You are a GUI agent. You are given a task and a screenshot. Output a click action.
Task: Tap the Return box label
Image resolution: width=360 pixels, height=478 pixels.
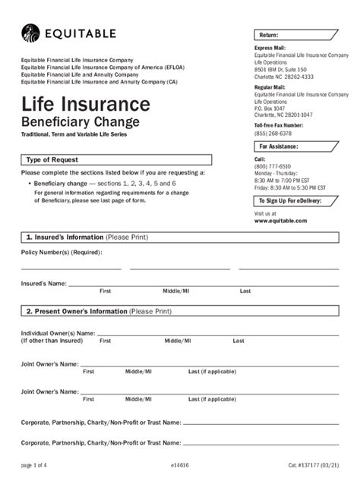point(269,36)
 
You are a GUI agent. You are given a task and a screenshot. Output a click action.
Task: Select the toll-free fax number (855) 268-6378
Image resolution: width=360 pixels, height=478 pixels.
point(273,133)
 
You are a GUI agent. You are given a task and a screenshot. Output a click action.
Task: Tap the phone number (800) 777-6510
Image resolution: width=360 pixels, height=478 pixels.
point(271,165)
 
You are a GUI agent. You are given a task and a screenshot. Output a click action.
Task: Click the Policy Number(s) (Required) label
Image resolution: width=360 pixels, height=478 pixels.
point(62,252)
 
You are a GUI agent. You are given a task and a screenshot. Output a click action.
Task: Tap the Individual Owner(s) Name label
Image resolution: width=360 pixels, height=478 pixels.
point(58,332)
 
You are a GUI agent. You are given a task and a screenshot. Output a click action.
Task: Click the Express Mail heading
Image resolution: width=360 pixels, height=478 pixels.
point(270,48)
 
